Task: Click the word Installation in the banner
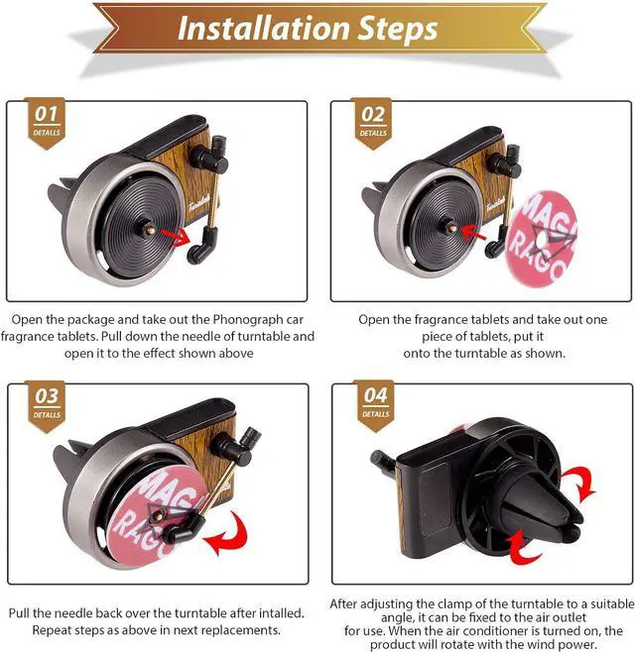264,29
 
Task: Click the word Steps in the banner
397,29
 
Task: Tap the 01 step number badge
47,122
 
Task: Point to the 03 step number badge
47,405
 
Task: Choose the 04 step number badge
375,404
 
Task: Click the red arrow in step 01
175,236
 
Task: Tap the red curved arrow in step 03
227,535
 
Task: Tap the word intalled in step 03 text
281,613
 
